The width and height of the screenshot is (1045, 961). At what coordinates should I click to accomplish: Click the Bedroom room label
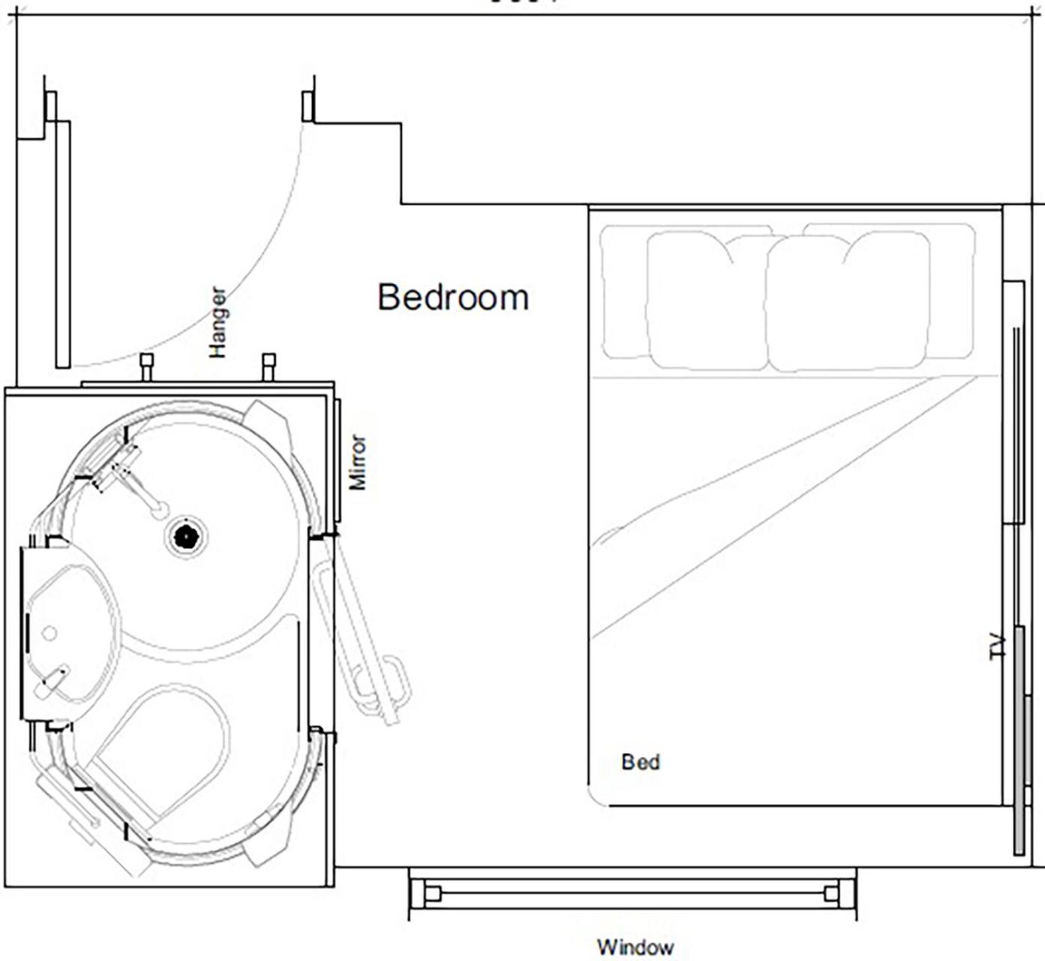[x=453, y=297]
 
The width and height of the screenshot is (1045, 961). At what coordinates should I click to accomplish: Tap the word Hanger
[x=218, y=322]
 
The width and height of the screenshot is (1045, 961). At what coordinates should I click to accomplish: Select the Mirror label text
[x=359, y=462]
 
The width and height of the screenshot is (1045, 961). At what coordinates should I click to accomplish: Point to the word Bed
[x=641, y=762]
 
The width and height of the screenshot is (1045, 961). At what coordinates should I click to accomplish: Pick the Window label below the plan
[x=635, y=947]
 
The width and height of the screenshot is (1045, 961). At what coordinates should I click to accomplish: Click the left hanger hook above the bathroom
[x=147, y=366]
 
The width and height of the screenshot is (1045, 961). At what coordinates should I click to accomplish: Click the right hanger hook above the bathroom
[x=269, y=366]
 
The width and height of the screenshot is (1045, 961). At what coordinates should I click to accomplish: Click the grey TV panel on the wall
[x=1019, y=740]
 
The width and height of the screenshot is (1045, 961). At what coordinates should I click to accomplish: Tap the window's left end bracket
[x=432, y=893]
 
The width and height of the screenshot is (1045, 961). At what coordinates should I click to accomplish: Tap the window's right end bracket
[x=831, y=893]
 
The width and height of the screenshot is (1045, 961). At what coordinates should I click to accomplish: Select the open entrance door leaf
[x=63, y=244]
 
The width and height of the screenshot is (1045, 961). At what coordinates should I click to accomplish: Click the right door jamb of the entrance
[x=308, y=106]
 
